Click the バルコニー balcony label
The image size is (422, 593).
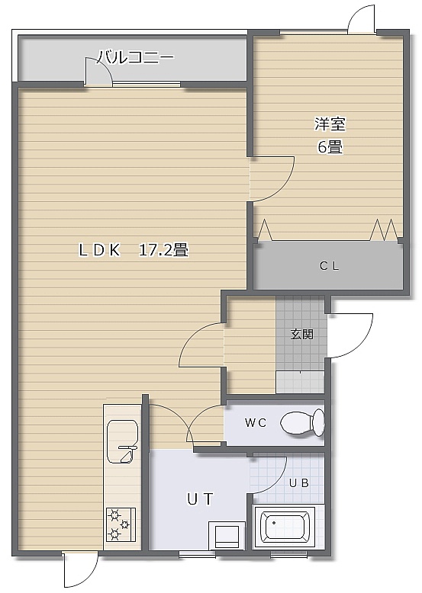[137, 57]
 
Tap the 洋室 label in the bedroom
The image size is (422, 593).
[330, 124]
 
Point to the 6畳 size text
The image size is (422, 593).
[330, 147]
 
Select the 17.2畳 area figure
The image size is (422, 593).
[164, 250]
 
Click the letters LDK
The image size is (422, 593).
[99, 250]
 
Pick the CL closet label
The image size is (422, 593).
[329, 266]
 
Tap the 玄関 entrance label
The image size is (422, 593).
[301, 335]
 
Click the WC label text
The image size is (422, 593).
[256, 423]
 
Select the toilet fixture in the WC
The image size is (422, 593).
[302, 423]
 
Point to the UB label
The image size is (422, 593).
[299, 483]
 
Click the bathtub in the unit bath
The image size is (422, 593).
[285, 527]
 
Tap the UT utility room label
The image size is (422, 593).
[200, 499]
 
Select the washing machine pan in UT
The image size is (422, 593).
[227, 536]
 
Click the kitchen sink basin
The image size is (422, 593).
[122, 441]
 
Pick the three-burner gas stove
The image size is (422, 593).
[121, 524]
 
